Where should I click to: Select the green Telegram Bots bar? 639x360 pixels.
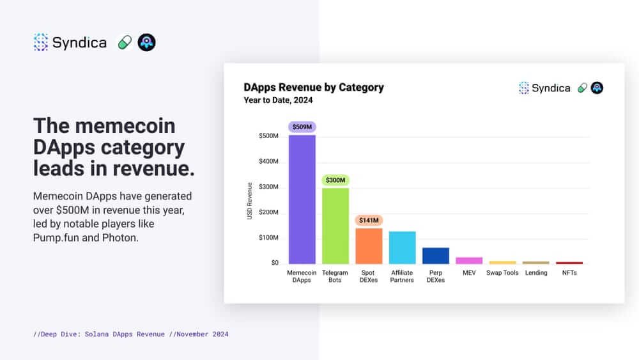click(335, 225)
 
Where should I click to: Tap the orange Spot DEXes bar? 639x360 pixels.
click(369, 246)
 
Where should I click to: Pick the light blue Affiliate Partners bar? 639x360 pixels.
click(402, 247)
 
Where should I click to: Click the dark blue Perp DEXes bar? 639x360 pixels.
click(436, 255)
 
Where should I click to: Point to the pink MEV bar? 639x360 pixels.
click(469, 260)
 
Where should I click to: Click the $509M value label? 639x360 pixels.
click(302, 127)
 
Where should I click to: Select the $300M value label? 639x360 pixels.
click(335, 180)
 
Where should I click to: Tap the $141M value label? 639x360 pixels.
click(369, 220)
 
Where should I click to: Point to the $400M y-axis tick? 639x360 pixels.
click(268, 161)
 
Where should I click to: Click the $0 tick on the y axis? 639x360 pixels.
click(274, 263)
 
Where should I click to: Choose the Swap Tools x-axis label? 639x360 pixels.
click(502, 273)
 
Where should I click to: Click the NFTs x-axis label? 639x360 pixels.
click(569, 273)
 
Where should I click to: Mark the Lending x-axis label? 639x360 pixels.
click(536, 273)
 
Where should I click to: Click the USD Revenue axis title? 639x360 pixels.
click(250, 201)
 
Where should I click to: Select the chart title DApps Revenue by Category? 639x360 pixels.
click(314, 87)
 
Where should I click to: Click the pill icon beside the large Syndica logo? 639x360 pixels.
click(125, 43)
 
